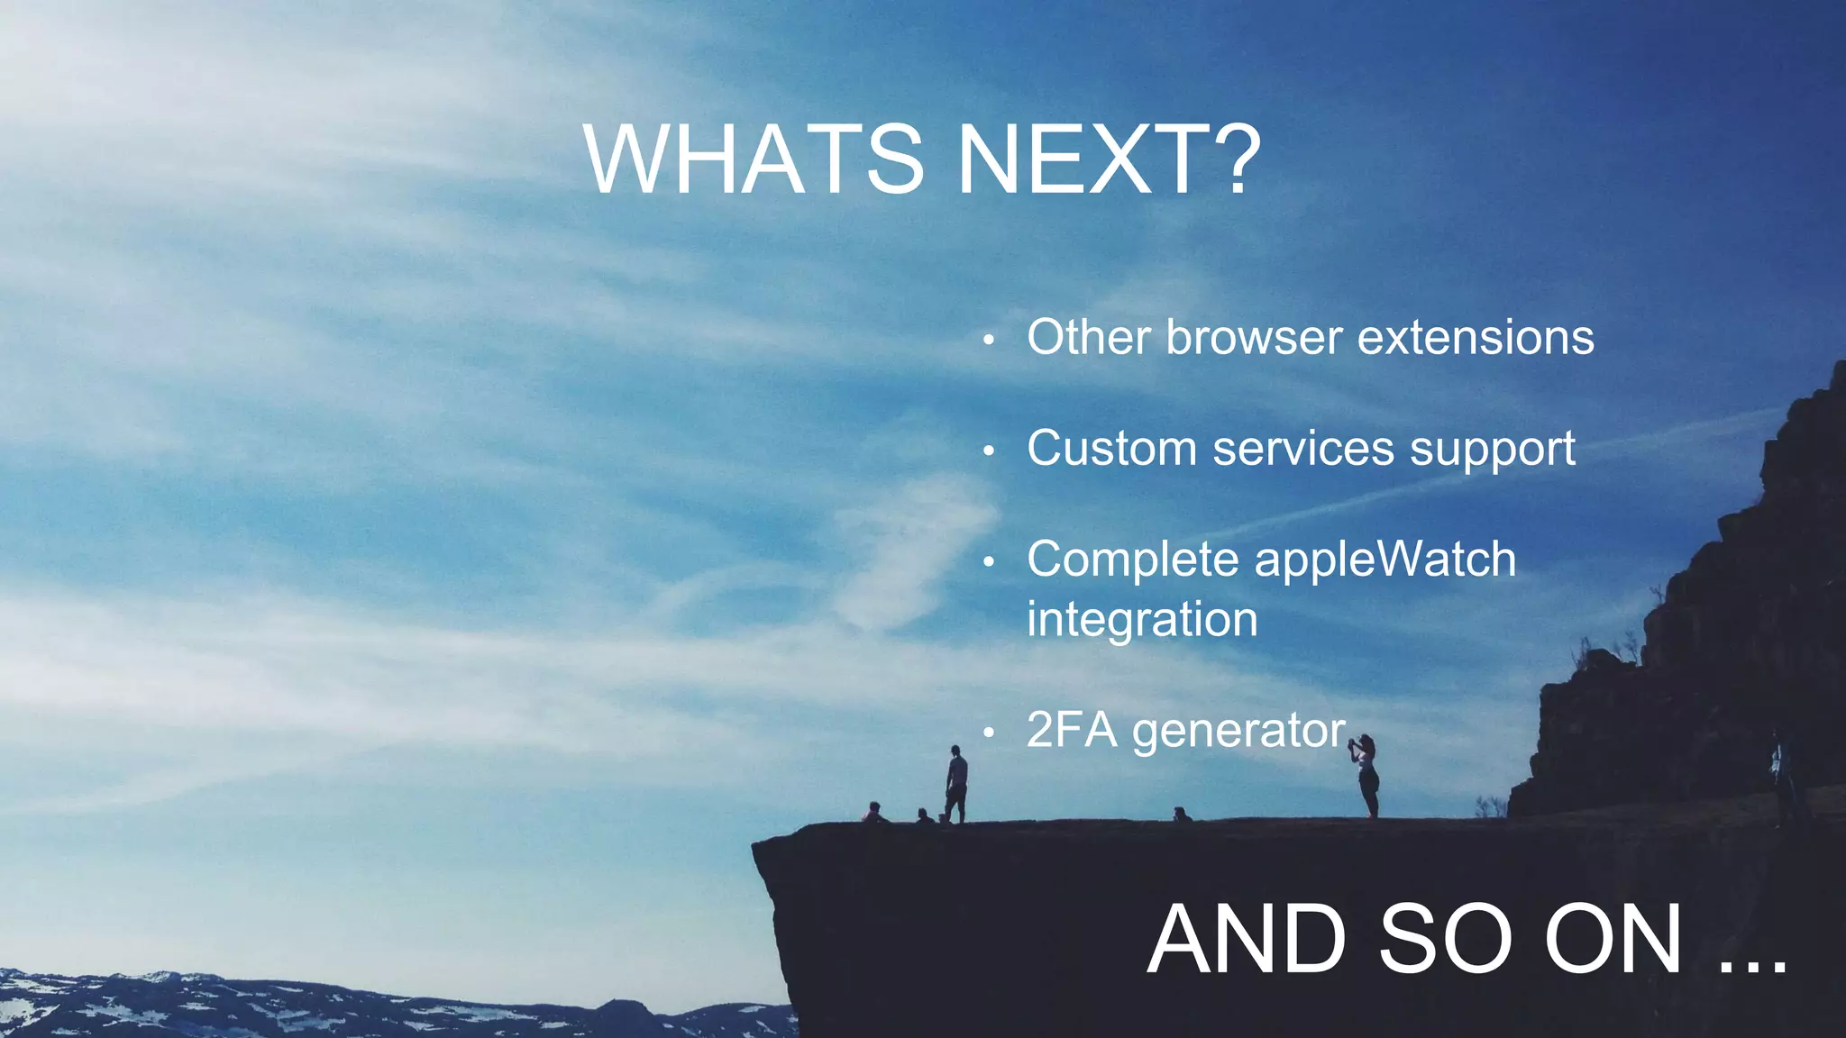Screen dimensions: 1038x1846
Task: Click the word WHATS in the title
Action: click(754, 159)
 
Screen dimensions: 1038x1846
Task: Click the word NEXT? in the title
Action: click(1108, 159)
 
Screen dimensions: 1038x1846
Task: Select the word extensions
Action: click(1476, 338)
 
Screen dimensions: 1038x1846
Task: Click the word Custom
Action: click(1111, 449)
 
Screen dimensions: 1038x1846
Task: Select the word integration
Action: click(1142, 620)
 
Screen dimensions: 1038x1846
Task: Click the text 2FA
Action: click(1072, 730)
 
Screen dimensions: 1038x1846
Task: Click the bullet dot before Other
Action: click(989, 341)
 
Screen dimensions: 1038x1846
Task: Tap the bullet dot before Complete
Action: click(989, 562)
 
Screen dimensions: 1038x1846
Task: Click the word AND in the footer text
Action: click(1247, 939)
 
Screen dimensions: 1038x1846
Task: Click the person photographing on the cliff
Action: click(1367, 775)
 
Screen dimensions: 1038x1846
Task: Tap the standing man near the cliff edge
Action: click(955, 784)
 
